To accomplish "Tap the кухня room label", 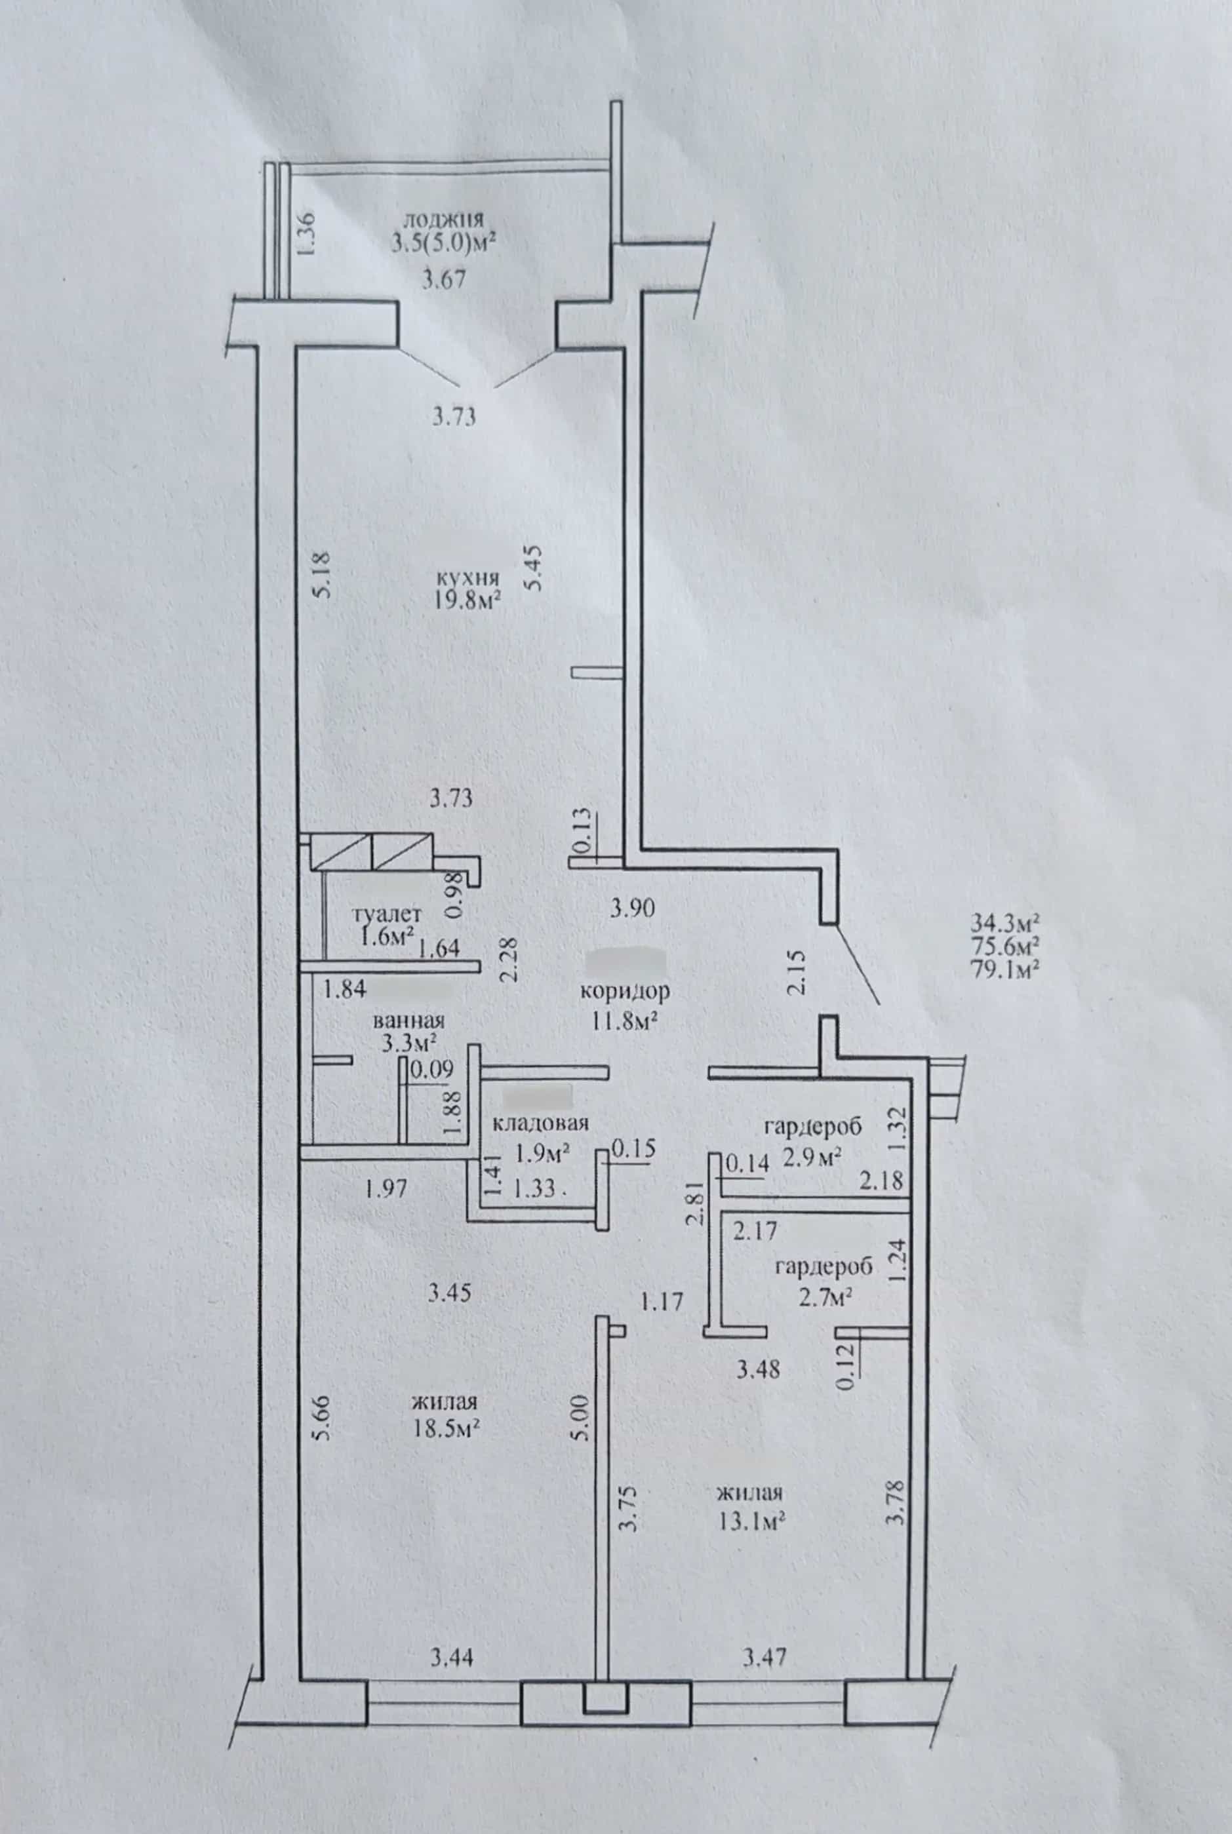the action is pyautogui.click(x=469, y=579).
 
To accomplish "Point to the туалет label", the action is pyautogui.click(x=387, y=914).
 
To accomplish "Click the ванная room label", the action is pyautogui.click(x=408, y=1021).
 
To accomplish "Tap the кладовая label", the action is pyautogui.click(x=540, y=1124).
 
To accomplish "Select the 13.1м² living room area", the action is pyautogui.click(x=753, y=1521).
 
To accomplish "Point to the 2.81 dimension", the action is pyautogui.click(x=694, y=1204).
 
